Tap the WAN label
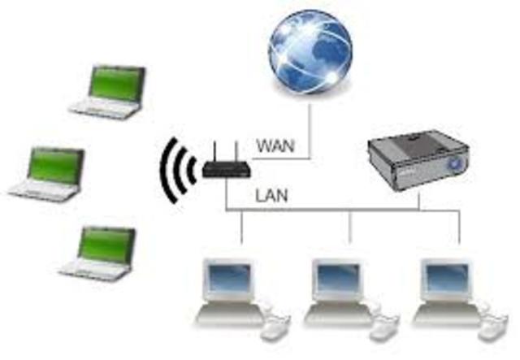pyautogui.click(x=275, y=147)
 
